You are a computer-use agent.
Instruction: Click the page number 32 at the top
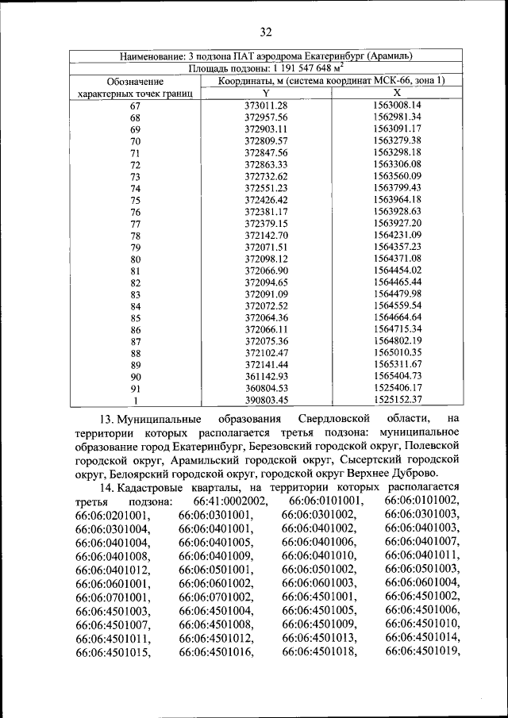(265, 31)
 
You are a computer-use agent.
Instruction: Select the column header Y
(266, 93)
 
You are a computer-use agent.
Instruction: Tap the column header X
(396, 93)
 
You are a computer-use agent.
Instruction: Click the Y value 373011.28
(266, 106)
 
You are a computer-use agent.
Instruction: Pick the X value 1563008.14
(396, 106)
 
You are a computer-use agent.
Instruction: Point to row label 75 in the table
(135, 201)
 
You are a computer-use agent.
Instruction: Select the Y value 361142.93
(266, 376)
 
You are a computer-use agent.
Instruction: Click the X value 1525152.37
(396, 400)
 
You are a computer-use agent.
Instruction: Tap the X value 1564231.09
(396, 236)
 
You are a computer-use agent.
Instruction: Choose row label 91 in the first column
(135, 389)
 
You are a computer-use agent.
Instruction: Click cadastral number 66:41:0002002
(231, 502)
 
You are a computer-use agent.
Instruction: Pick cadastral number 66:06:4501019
(422, 652)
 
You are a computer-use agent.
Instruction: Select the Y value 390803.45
(266, 400)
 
